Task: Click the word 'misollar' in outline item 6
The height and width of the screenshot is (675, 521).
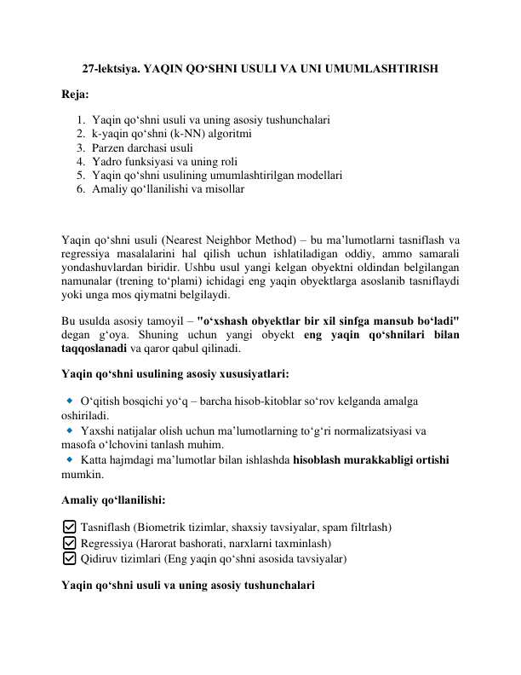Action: (x=222, y=187)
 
